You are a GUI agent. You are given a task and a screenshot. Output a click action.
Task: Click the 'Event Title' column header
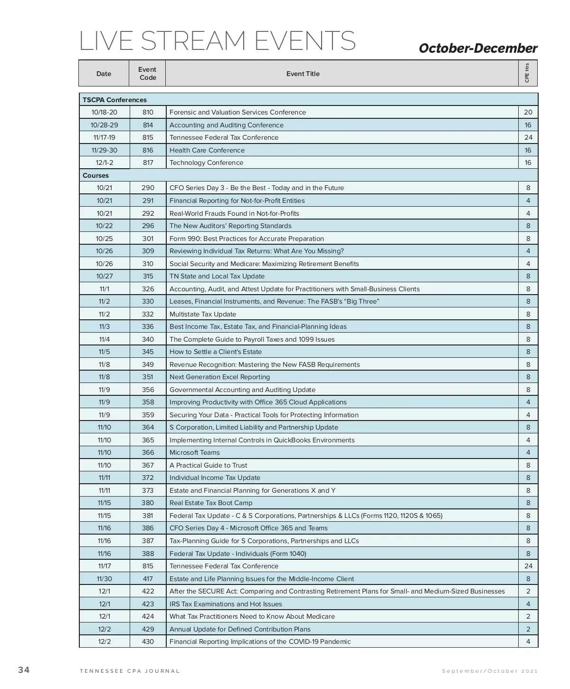pyautogui.click(x=303, y=74)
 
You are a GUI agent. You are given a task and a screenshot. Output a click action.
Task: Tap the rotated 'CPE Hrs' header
pyautogui.click(x=527, y=73)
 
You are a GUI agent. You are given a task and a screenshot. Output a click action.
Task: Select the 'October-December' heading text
pyautogui.click(x=478, y=48)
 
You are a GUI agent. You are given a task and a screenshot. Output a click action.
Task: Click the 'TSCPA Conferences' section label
pyautogui.click(x=114, y=100)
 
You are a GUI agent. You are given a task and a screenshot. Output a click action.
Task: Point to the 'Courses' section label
pyautogui.click(x=95, y=175)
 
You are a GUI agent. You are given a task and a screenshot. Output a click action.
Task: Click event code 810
pyautogui.click(x=148, y=112)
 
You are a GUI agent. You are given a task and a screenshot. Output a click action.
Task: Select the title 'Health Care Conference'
pyautogui.click(x=207, y=150)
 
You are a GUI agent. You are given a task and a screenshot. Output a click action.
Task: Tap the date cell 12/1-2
pyautogui.click(x=104, y=163)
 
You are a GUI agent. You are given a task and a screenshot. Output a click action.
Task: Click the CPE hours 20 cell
pyautogui.click(x=528, y=112)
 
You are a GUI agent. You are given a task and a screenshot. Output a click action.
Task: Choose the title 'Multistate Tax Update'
pyautogui.click(x=203, y=314)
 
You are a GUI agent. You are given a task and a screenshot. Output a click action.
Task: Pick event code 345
pyautogui.click(x=148, y=352)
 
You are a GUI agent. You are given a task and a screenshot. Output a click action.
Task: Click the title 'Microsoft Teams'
pyautogui.click(x=195, y=452)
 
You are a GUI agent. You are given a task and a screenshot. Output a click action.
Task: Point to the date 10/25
pyautogui.click(x=104, y=239)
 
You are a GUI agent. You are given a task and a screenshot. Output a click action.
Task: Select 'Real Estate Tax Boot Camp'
pyautogui.click(x=211, y=503)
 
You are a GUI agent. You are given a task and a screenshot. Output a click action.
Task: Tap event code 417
pyautogui.click(x=148, y=579)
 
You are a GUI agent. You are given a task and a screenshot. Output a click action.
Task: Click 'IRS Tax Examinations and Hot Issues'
pyautogui.click(x=226, y=604)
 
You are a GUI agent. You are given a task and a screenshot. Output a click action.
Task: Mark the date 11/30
pyautogui.click(x=104, y=579)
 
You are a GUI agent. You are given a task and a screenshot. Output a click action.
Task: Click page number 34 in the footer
pyautogui.click(x=24, y=670)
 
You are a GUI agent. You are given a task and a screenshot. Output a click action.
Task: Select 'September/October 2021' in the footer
pyautogui.click(x=490, y=671)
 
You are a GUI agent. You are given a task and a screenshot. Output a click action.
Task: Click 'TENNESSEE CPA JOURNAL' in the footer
pyautogui.click(x=130, y=671)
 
